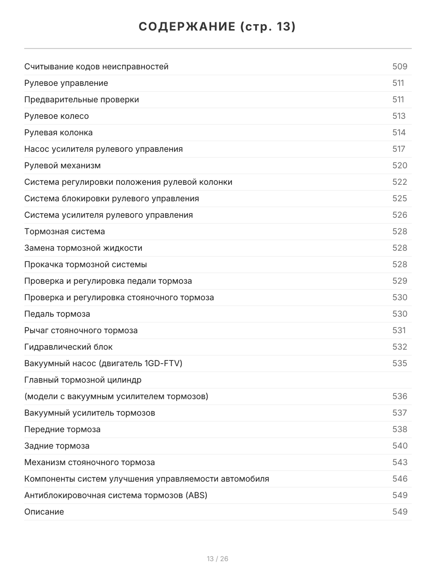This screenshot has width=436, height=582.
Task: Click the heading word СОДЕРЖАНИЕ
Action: tap(187, 27)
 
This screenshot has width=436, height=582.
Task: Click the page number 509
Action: tap(400, 66)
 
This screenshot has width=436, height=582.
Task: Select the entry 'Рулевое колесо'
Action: tap(57, 116)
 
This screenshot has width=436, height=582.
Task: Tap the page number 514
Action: tap(399, 132)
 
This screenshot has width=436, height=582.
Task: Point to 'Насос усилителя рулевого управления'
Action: tap(104, 149)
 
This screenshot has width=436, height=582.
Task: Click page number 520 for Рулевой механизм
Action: tap(400, 165)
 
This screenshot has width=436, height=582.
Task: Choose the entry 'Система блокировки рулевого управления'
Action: tap(111, 198)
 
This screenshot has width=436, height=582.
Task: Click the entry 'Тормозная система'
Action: tap(64, 231)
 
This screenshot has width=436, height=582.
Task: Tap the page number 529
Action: tap(400, 281)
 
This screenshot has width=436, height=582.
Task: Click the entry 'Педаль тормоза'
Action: tap(57, 314)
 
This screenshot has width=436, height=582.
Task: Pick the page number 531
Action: tap(399, 330)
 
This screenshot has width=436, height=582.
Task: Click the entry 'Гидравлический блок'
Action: tap(68, 347)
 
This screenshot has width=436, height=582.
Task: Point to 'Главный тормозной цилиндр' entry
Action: tap(83, 380)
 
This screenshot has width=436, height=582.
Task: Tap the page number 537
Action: tap(400, 413)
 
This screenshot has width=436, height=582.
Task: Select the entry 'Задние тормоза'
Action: tap(57, 446)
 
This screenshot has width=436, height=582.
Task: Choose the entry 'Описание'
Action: tap(44, 512)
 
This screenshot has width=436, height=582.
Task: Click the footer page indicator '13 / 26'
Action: tap(218, 559)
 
